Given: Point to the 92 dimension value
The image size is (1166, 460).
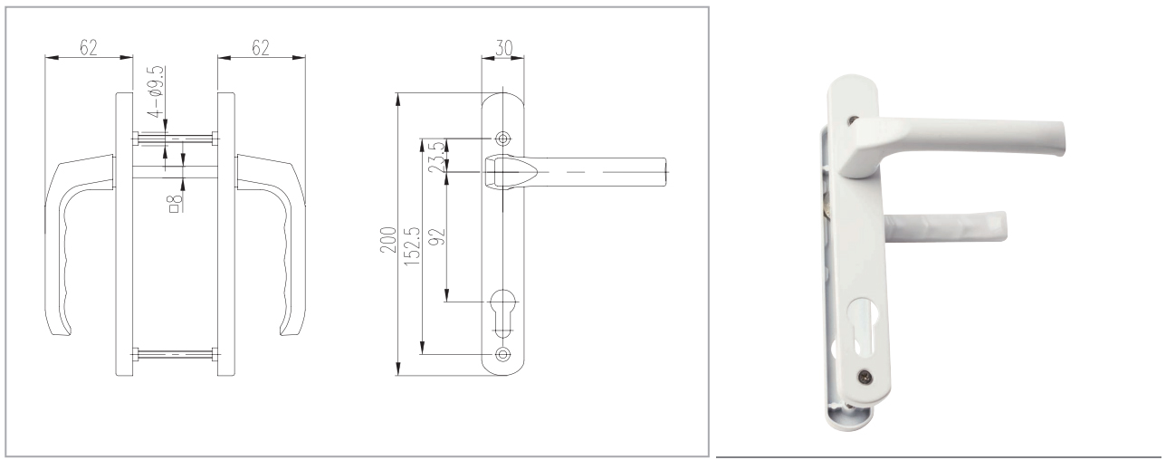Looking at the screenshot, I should point(439,237).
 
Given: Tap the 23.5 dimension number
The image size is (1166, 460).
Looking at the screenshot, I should point(439,155).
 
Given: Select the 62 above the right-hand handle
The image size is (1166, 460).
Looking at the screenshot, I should point(261,49).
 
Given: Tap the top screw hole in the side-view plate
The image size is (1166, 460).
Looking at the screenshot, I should point(503,139).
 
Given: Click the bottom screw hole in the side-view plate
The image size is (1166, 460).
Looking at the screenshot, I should point(503,353).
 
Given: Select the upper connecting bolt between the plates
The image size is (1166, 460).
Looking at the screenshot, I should point(175,139).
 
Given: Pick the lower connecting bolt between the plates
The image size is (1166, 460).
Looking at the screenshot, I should point(175,352).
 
